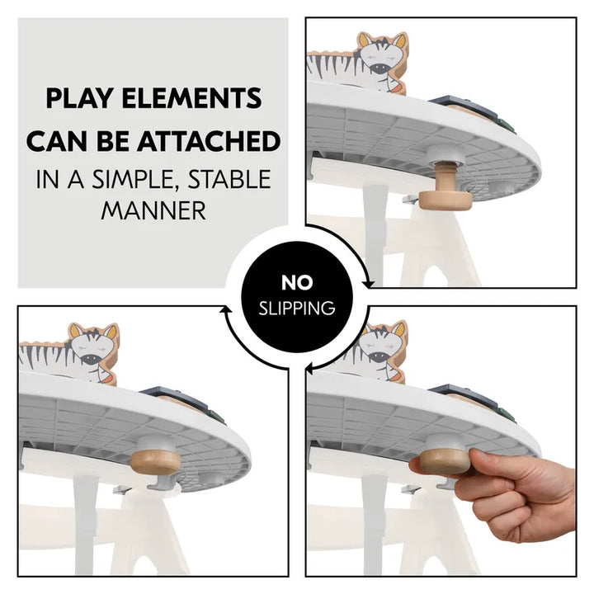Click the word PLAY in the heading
[x=79, y=98]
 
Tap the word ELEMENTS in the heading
[x=191, y=98]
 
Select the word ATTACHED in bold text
[x=209, y=141]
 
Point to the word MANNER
[x=153, y=210]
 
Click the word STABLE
[x=229, y=179]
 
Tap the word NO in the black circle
[x=297, y=283]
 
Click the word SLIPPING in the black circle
[x=297, y=308]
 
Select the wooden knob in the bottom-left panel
[x=156, y=463]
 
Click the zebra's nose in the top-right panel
[x=379, y=68]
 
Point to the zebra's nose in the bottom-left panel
[x=91, y=359]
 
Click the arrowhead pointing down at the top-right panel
[x=368, y=284]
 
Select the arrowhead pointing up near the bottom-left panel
[x=226, y=310]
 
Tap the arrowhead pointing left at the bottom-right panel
[x=310, y=367]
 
